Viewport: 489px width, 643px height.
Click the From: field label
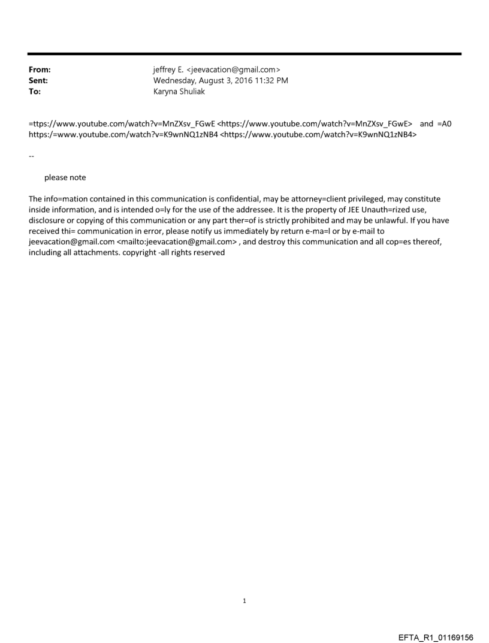40,70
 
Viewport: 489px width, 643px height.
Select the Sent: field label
38,81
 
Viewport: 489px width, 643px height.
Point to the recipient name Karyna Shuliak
179,92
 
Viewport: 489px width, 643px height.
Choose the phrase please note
65,177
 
